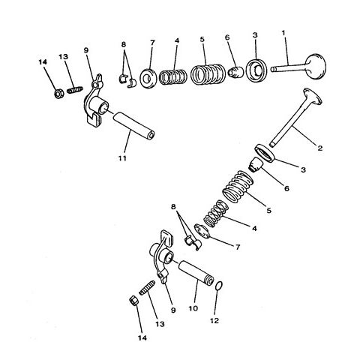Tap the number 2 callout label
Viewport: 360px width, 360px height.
click(320, 148)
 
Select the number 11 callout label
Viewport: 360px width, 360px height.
click(123, 158)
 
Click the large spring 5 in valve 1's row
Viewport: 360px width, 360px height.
click(204, 76)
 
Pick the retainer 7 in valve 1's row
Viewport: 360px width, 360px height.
click(148, 76)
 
